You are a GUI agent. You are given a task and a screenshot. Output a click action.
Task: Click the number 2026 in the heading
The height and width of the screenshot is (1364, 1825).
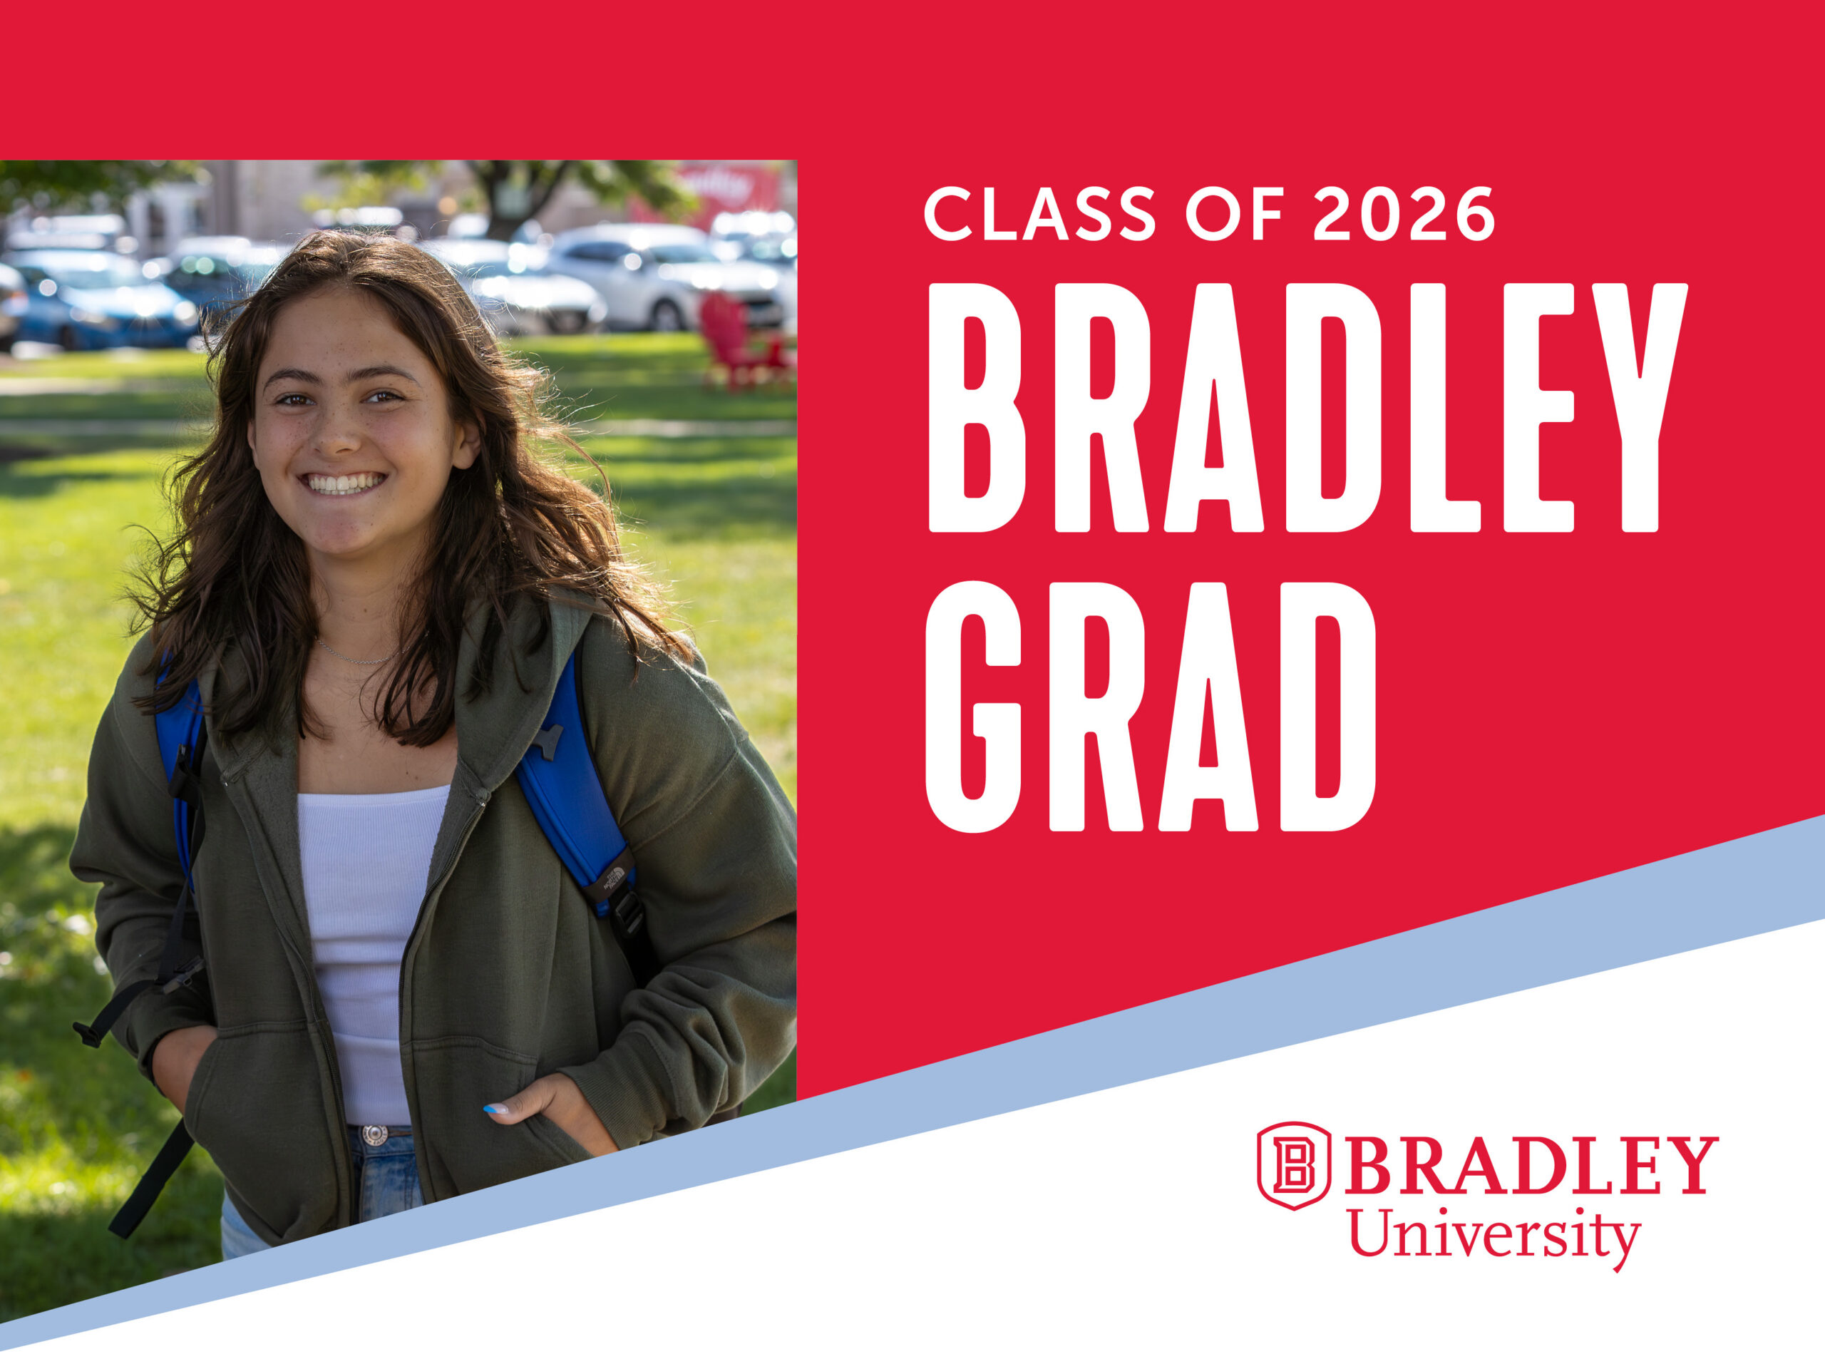(1404, 214)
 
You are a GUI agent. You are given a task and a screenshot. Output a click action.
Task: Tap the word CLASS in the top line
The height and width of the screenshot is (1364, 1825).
(1039, 214)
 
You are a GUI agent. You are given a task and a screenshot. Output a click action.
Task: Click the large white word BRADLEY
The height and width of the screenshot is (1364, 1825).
(1309, 408)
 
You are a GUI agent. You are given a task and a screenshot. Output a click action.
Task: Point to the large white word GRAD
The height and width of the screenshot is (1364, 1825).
(1151, 707)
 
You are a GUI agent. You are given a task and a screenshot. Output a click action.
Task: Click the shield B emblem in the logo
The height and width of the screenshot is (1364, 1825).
(1294, 1166)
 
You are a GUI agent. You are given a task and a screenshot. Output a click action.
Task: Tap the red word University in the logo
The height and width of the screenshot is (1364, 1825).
(1494, 1234)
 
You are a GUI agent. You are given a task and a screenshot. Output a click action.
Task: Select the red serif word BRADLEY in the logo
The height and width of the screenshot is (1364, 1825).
(1531, 1164)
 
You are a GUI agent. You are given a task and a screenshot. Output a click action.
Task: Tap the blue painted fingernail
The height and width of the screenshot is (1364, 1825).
(495, 1109)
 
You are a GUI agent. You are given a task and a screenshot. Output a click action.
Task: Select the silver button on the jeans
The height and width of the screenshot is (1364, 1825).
(374, 1135)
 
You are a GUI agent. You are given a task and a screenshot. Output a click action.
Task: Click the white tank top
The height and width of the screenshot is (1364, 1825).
(367, 949)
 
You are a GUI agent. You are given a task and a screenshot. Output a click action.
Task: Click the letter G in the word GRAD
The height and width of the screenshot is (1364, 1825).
(974, 707)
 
